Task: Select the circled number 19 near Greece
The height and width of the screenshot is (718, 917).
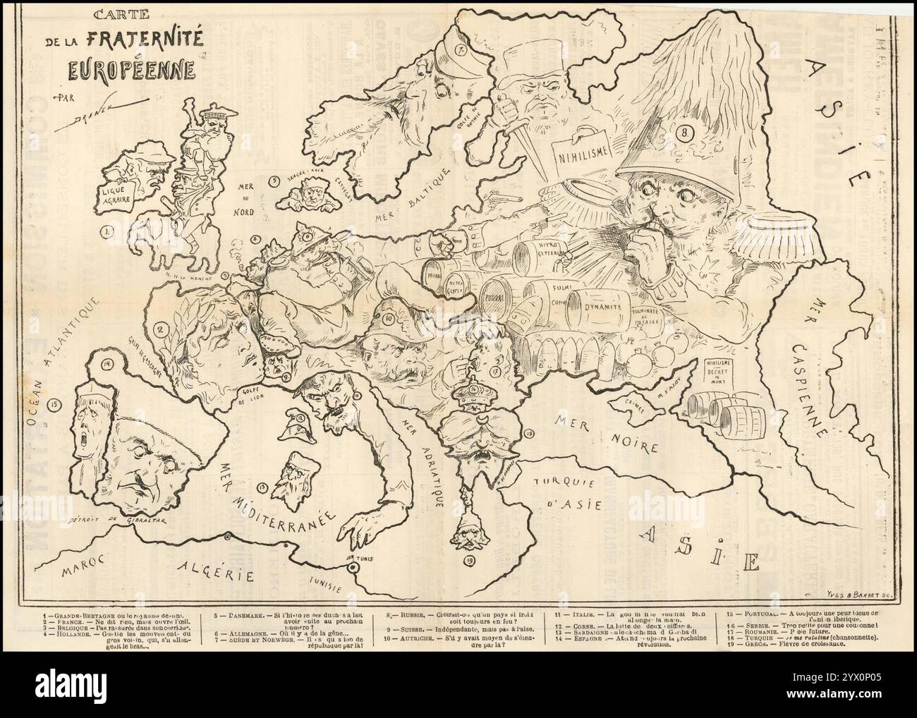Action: [469, 560]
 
